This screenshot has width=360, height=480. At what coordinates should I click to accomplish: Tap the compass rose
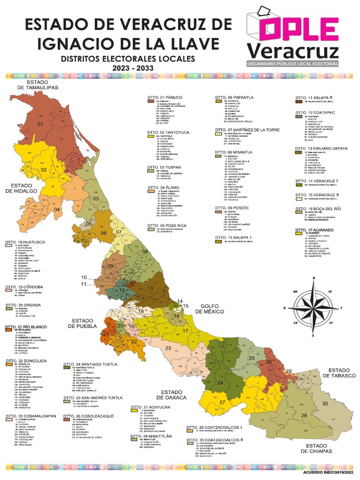(x=314, y=307)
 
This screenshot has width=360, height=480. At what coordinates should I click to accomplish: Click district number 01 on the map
(x=40, y=124)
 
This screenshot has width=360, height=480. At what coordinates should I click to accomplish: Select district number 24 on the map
(x=220, y=382)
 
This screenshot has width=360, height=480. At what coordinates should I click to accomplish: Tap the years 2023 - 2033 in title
(x=127, y=68)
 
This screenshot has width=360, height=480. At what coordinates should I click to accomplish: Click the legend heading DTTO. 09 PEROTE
(x=232, y=208)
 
